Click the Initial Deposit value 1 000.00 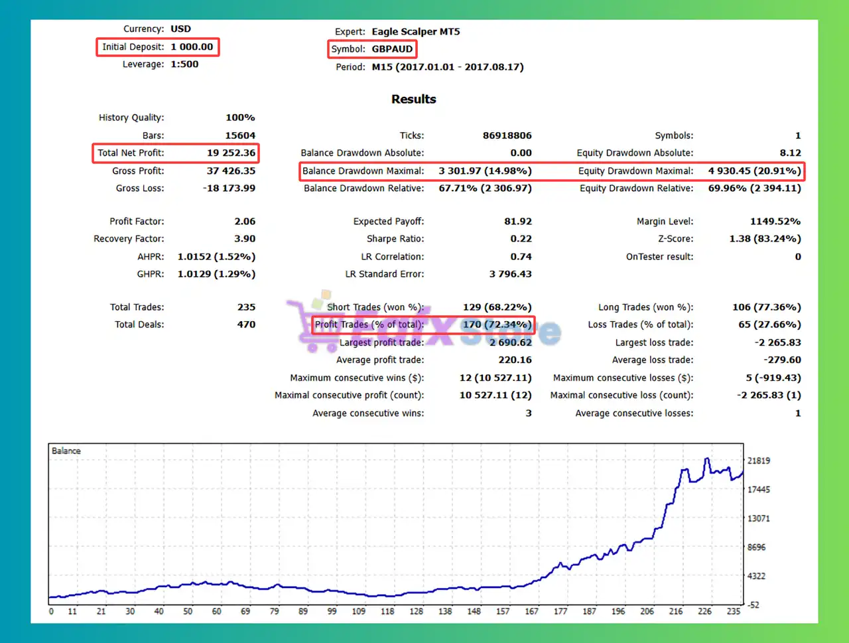click(192, 47)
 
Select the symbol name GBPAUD click(392, 49)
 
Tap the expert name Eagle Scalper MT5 click(415, 32)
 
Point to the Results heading click(413, 100)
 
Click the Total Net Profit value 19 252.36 click(231, 153)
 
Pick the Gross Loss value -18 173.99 click(229, 188)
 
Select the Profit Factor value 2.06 click(245, 222)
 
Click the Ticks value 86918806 click(507, 135)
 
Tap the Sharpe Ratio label click(395, 239)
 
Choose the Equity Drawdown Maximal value click(754, 171)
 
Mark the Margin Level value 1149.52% click(775, 222)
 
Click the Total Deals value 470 click(246, 324)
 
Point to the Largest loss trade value click(777, 342)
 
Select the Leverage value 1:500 click(184, 64)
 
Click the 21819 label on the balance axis click(759, 461)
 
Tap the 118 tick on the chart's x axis click(387, 611)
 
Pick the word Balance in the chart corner click(66, 451)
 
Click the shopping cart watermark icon click(311, 325)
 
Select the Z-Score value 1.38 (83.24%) click(765, 239)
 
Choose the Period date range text click(448, 67)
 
